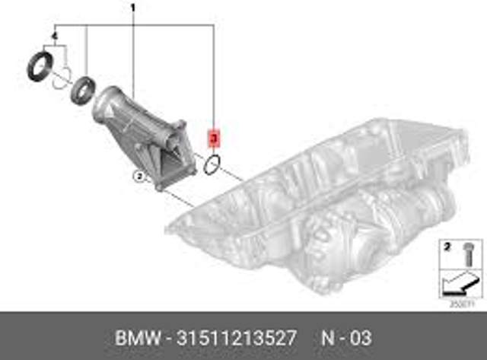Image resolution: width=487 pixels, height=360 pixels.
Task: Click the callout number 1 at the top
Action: (x=132, y=10)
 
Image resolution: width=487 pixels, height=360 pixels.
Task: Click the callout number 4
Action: (x=55, y=37)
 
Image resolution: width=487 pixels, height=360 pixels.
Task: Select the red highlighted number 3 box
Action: (x=214, y=139)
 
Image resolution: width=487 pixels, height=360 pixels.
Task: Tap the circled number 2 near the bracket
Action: (x=138, y=177)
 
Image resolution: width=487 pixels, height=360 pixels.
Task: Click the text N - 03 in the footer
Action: (x=351, y=336)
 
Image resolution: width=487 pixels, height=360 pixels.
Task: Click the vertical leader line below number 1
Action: (x=132, y=53)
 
